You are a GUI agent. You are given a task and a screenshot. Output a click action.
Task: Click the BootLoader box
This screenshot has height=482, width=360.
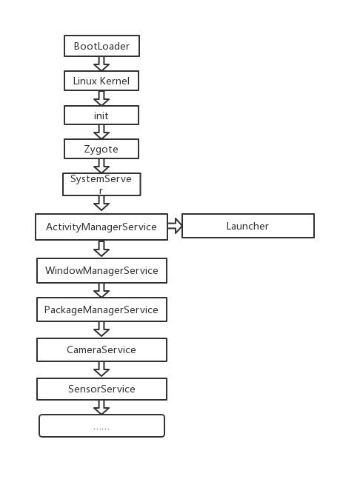point(101,46)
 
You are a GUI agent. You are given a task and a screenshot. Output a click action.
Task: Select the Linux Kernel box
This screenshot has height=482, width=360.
point(101,81)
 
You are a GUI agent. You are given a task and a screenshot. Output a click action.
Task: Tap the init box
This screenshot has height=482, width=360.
point(101,116)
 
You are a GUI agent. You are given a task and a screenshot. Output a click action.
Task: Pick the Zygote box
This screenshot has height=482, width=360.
point(101,149)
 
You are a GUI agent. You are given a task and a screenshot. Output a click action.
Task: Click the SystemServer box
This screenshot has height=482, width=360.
point(101,184)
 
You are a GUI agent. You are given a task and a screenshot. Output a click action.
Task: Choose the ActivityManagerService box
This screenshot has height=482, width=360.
point(101,227)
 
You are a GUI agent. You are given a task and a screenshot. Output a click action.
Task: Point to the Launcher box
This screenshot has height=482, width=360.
point(248,226)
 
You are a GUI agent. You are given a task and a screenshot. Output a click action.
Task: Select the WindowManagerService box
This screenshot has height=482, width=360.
point(101,270)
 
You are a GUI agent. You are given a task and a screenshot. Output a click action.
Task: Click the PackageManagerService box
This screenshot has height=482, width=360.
point(101,309)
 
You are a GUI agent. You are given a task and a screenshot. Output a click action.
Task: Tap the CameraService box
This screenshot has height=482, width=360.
point(101,349)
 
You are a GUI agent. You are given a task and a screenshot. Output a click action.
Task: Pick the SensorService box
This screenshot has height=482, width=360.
point(101,389)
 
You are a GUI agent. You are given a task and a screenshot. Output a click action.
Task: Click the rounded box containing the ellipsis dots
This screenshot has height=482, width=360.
point(101,426)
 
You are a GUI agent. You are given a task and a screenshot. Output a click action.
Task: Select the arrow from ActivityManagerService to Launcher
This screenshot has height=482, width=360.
point(175,226)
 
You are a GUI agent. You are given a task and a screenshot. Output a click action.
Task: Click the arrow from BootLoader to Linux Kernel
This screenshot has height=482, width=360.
point(101,64)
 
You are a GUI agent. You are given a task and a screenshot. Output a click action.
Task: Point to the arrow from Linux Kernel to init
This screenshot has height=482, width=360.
point(101,98)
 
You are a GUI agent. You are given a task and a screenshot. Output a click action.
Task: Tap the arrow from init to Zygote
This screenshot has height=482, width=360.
point(101,132)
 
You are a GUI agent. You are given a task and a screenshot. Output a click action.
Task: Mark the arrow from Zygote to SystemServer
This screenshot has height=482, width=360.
point(101,166)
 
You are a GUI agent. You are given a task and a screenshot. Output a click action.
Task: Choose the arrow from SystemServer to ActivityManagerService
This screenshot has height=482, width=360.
point(101,203)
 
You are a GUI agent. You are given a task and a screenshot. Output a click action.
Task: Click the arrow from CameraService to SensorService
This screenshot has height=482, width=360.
point(101,369)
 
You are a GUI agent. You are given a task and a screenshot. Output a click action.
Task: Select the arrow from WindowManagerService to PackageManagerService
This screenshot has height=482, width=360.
point(101,290)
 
